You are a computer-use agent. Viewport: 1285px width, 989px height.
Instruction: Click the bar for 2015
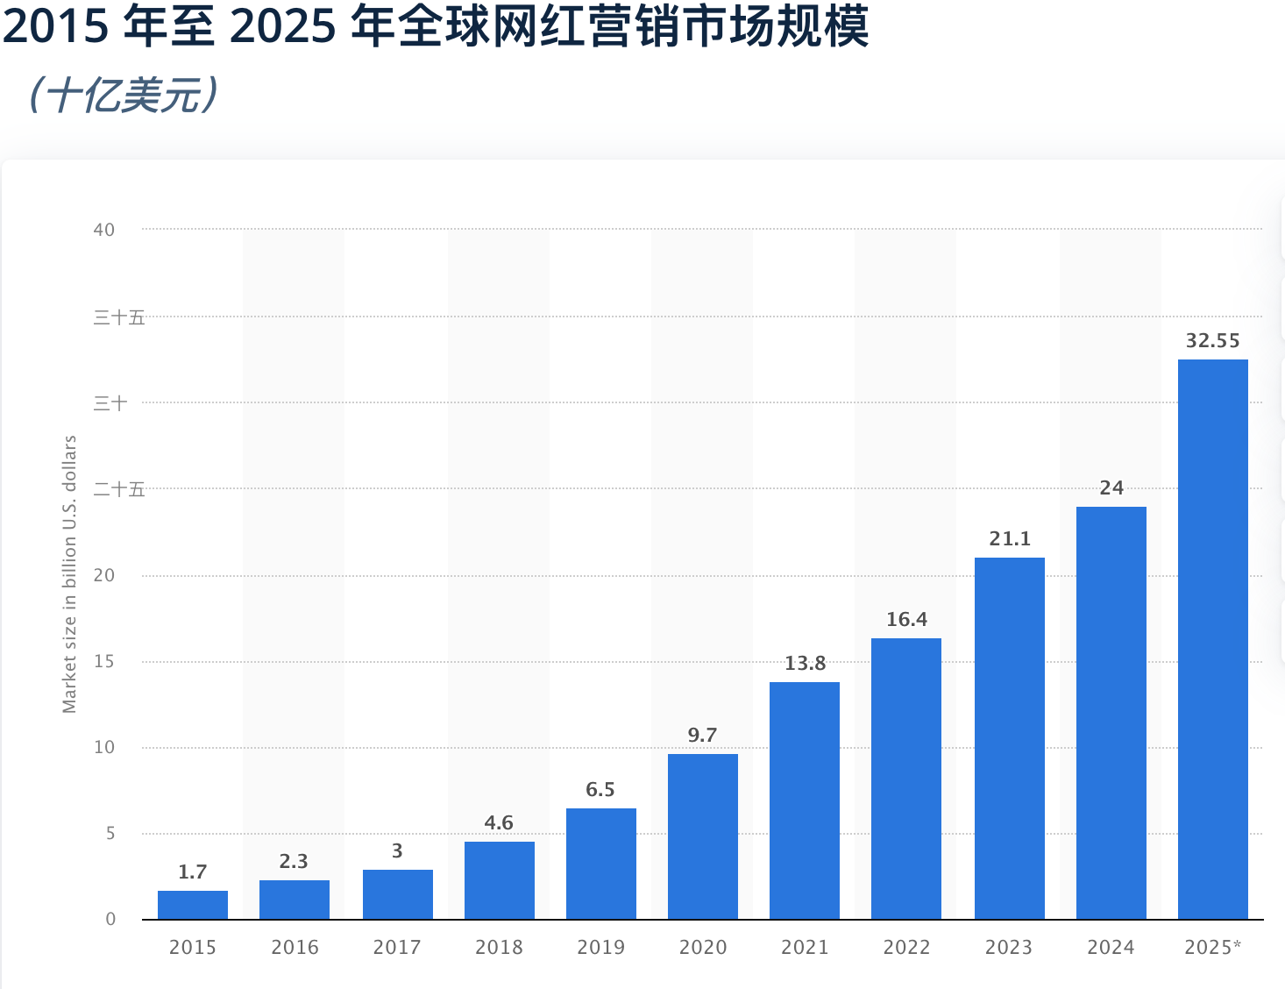pos(193,905)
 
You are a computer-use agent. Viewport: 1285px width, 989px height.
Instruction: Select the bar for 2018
pos(500,880)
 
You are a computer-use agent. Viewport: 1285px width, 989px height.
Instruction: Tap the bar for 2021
pos(805,800)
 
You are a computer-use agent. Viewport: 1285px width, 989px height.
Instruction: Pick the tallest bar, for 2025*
pos(1212,639)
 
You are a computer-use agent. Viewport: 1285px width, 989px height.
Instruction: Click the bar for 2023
pos(1009,738)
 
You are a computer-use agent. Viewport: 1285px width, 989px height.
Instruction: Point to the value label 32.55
pos(1212,341)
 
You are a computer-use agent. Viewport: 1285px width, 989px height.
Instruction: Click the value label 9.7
pos(702,736)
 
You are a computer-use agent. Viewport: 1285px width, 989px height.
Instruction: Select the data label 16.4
pos(906,620)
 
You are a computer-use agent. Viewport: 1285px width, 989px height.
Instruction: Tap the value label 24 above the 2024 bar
pos(1111,488)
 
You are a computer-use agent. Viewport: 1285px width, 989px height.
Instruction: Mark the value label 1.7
pos(192,872)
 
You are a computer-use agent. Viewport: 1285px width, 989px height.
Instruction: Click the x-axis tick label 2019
pos(600,948)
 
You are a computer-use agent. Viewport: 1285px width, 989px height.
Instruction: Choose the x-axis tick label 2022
pos(906,948)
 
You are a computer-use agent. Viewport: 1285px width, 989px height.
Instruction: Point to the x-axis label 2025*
pos(1212,948)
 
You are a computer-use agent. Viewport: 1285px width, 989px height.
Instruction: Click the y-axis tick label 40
pos(104,230)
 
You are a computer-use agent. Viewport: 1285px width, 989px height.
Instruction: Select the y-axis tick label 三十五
pos(118,317)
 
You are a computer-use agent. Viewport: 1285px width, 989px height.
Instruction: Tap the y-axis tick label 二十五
pos(118,489)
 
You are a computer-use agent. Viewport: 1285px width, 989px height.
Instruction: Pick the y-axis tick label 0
pos(110,920)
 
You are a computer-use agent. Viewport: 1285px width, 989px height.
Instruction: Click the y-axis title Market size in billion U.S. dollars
pos(69,574)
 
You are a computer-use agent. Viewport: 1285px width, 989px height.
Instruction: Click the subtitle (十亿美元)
pos(123,96)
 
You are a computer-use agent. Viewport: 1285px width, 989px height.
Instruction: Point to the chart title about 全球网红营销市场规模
pos(436,26)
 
